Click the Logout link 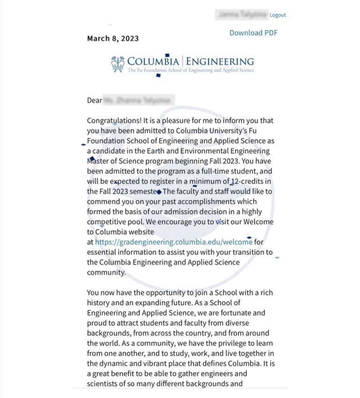click(277, 15)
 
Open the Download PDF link click(253, 33)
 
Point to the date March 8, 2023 click(113, 38)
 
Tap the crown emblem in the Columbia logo click(118, 63)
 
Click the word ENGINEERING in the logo click(220, 61)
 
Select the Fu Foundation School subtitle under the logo click(191, 70)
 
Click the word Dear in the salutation click(94, 100)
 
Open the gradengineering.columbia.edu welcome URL click(173, 242)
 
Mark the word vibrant click(150, 364)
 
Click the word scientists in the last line click(104, 384)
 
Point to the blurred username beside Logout click(241, 15)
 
